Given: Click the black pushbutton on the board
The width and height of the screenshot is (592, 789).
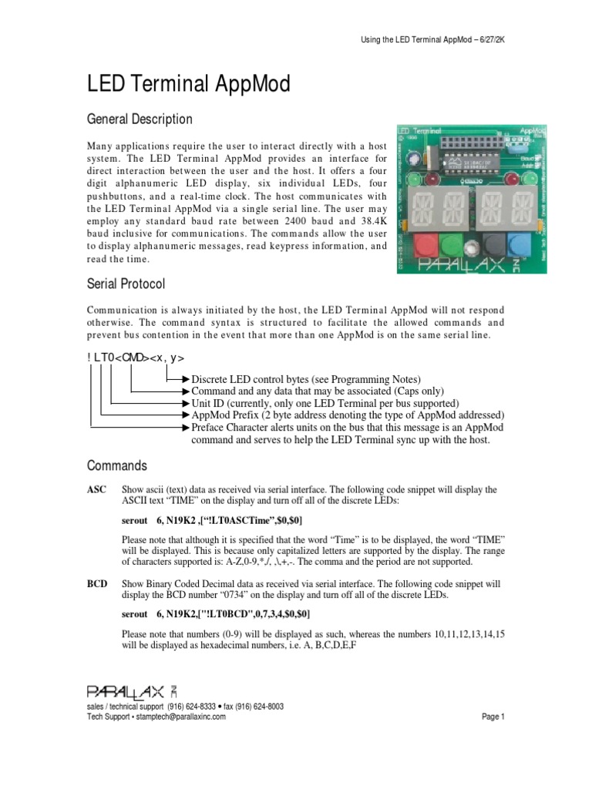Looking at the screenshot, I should pos(495,246).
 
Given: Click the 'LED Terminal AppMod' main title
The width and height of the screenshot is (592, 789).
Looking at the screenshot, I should pos(188,84).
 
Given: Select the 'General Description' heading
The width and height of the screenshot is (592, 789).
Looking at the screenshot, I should pos(140,119).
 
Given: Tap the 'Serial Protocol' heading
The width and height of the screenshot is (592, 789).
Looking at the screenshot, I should pos(125,284).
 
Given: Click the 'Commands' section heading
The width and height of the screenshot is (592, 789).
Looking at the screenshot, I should pos(116,466).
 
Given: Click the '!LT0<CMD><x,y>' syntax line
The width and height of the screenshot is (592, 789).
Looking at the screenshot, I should pos(136,358).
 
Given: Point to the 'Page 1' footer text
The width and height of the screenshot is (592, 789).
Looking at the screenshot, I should pos(493,717).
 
